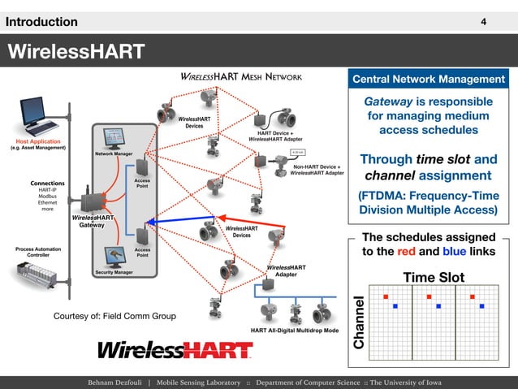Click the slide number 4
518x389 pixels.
pos(484,21)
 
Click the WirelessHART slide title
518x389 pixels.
pos(76,53)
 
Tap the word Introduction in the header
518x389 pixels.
pos(42,22)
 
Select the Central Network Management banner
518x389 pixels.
pos(429,79)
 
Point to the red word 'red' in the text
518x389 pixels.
pos(408,251)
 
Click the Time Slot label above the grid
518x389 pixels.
pos(434,277)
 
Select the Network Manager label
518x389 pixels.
pos(114,153)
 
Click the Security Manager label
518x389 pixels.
pos(114,272)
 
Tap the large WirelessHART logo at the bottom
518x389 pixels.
pos(175,350)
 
